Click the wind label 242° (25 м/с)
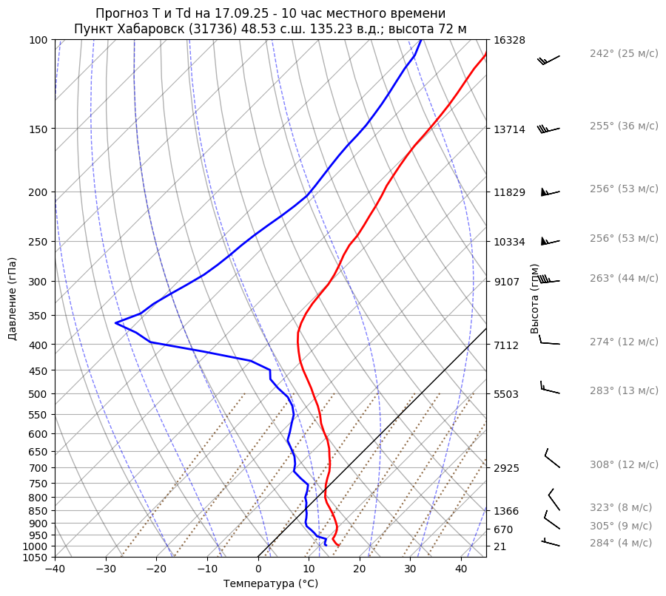click(x=624, y=54)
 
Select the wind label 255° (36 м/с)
click(x=624, y=126)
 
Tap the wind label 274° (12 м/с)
click(x=624, y=342)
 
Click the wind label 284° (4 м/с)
click(x=621, y=543)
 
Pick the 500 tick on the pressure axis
click(x=41, y=394)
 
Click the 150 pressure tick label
click(x=41, y=129)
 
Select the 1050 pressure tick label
click(x=38, y=558)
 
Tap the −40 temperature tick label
click(x=55, y=569)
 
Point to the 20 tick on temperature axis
click(x=360, y=569)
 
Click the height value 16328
click(x=509, y=40)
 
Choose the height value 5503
click(x=507, y=394)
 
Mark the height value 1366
click(x=507, y=511)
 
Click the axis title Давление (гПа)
click(x=13, y=299)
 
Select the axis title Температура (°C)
click(x=271, y=584)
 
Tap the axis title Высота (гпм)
click(x=535, y=299)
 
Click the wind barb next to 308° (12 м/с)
click(x=552, y=458)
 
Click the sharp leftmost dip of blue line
click(x=116, y=322)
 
